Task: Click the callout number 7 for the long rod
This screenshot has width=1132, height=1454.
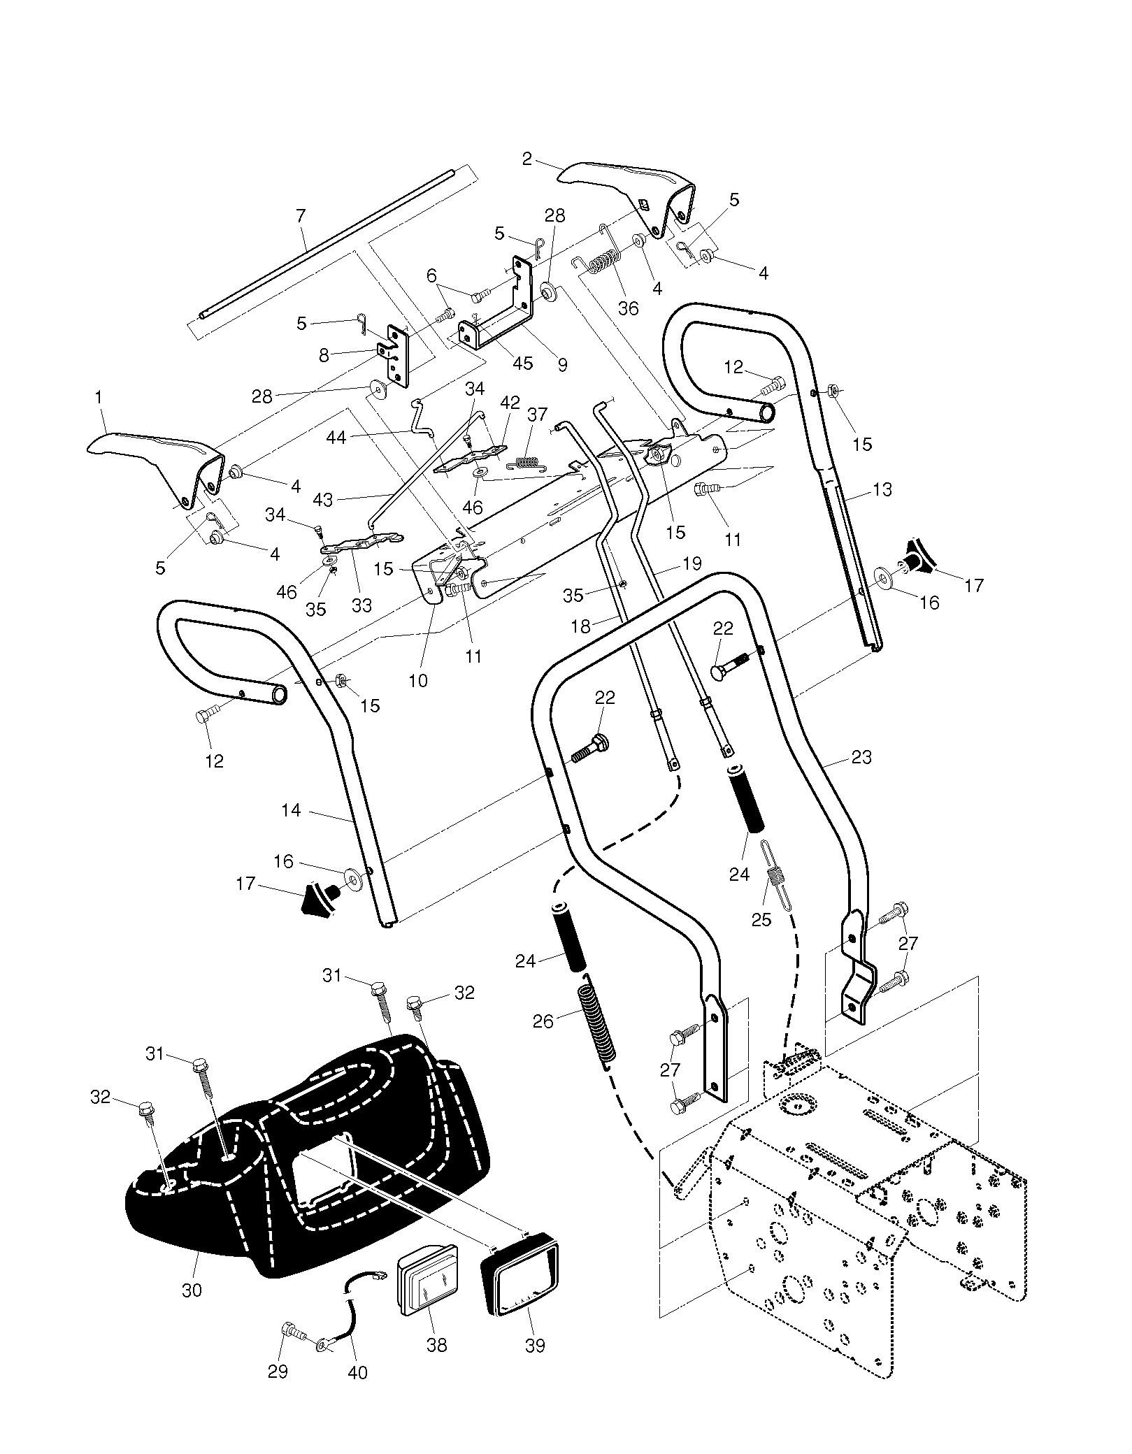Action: (301, 216)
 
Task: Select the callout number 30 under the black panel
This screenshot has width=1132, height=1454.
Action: (192, 1290)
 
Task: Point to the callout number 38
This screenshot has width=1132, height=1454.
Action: (437, 1344)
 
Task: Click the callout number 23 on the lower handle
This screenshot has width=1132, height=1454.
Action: (861, 757)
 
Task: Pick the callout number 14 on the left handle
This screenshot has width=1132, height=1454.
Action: (291, 810)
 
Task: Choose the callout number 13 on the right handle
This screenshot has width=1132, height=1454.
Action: (882, 489)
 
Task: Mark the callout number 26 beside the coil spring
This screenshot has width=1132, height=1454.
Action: (543, 1021)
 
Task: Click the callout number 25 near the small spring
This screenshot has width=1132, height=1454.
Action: (761, 920)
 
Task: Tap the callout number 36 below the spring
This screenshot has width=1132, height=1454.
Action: (629, 308)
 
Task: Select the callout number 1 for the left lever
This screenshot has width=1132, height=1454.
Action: (99, 397)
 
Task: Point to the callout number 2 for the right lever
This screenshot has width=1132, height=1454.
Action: (527, 159)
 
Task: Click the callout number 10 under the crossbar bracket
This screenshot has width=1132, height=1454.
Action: (418, 681)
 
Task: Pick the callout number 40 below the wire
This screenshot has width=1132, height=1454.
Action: (357, 1373)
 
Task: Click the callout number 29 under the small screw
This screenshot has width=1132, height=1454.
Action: (278, 1372)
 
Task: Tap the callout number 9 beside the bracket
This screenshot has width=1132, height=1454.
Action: (562, 364)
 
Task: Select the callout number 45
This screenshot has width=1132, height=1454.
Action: (523, 363)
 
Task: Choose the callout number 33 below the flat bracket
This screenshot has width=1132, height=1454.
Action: (361, 605)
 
